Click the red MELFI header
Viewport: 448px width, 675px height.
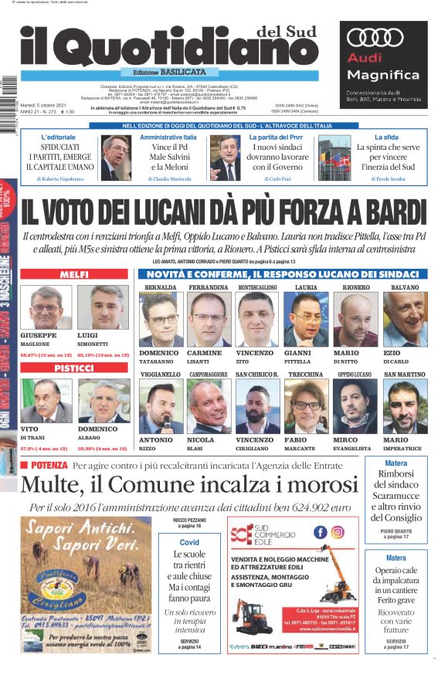click(73, 275)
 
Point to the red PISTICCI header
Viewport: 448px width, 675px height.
click(73, 369)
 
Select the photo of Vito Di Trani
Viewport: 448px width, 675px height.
click(46, 402)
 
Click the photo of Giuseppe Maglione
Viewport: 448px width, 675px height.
click(46, 307)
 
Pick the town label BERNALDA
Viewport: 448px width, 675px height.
click(160, 287)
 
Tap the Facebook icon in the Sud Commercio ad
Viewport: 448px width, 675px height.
click(320, 532)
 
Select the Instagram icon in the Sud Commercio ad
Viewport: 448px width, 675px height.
click(338, 532)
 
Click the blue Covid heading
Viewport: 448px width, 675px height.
click(189, 542)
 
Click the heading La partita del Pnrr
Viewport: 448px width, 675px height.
click(275, 137)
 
